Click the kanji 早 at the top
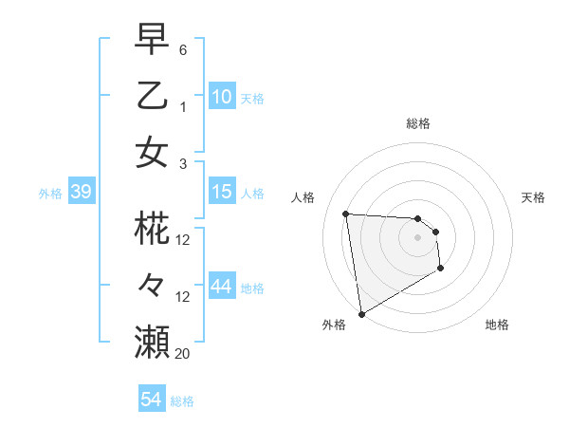coord(152,41)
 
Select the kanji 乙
coord(152,96)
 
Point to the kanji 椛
coord(152,230)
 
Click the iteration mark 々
coord(152,286)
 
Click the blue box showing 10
coord(222,97)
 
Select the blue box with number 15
coord(222,193)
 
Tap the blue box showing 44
coord(222,287)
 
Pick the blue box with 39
coord(81,193)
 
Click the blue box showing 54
coord(151,400)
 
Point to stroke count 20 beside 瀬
coord(182,353)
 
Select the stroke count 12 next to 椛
coord(183,240)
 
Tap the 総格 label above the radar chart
coord(417,123)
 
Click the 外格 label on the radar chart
coord(334,325)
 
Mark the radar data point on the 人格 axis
coord(346,214)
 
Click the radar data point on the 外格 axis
coord(361,313)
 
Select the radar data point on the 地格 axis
coord(441,269)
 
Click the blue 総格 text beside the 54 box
coord(182,401)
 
